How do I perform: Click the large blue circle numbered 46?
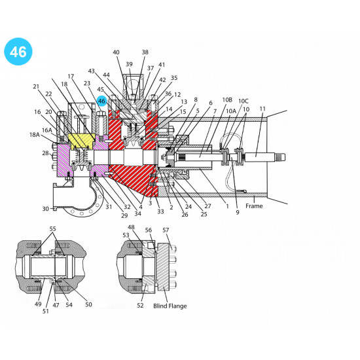18,52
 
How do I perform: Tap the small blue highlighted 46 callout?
101,101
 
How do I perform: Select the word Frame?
254,206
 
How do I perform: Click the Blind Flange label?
170,306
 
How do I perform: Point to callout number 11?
262,109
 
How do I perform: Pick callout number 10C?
243,101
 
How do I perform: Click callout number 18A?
35,135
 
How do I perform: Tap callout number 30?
46,209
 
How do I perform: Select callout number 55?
52,229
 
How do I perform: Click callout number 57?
166,230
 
